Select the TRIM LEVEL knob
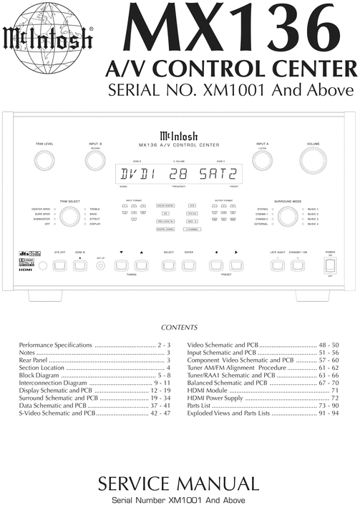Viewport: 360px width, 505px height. pos(45,160)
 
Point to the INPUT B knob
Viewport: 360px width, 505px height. pos(94,161)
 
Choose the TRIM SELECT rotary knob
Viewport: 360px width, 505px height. pos(69,218)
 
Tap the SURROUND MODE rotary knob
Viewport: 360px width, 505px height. pos(290,217)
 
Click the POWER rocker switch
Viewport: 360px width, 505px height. pos(330,265)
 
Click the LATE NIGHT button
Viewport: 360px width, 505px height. pos(278,266)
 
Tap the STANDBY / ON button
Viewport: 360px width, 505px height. pos(298,266)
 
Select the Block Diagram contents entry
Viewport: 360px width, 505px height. pos(94,374)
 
